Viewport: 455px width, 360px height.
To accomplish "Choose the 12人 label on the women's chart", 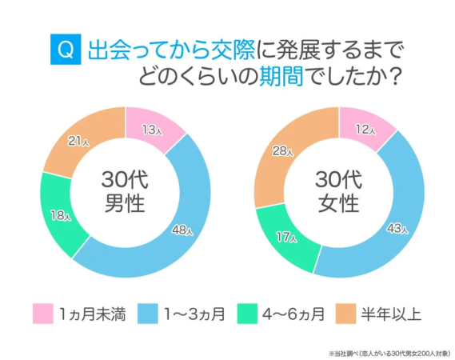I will click(x=366, y=128).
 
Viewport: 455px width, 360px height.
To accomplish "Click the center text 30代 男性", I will click(x=125, y=191).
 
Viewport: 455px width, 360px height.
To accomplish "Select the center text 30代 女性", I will click(x=338, y=191).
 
